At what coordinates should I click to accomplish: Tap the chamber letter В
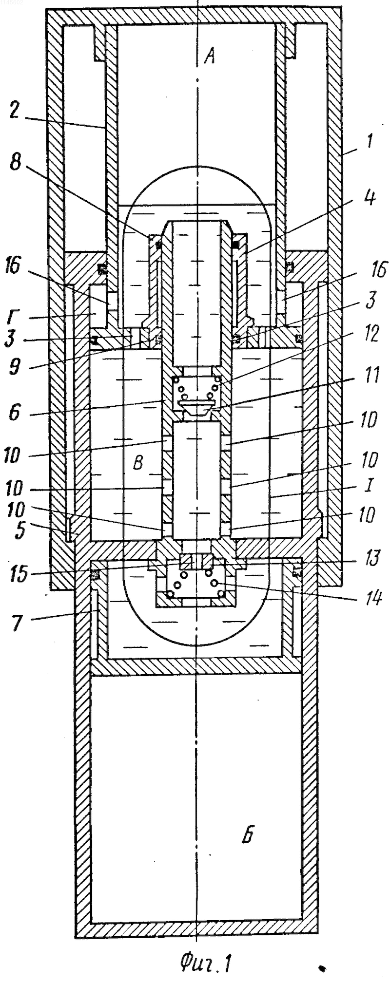coord(138,462)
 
